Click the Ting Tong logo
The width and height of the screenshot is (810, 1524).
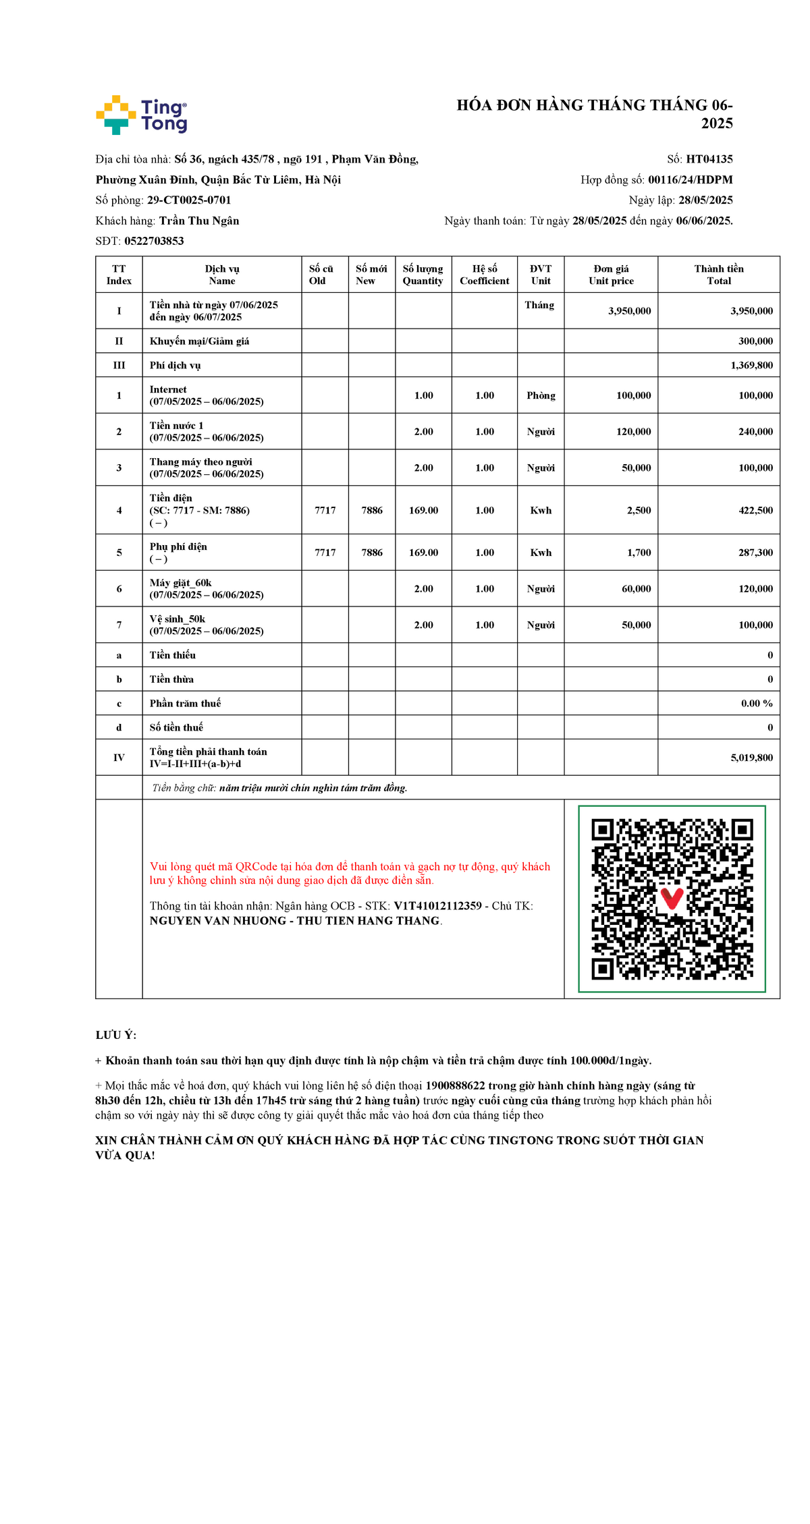click(x=141, y=115)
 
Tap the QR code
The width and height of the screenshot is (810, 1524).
click(x=672, y=899)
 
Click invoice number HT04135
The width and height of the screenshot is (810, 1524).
click(x=709, y=159)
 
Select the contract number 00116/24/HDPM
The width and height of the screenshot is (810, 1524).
click(x=690, y=179)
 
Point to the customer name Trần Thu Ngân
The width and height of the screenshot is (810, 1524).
click(x=199, y=221)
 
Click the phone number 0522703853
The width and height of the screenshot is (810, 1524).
click(x=154, y=241)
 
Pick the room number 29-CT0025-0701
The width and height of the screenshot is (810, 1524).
click(x=189, y=200)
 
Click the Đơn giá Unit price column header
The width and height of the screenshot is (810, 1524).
click(x=611, y=275)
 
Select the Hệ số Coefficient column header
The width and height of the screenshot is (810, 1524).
click(x=484, y=275)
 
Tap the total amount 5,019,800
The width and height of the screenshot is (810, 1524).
click(x=751, y=758)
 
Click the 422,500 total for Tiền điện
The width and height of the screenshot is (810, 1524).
click(x=755, y=511)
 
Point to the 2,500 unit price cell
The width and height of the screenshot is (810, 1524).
click(x=639, y=511)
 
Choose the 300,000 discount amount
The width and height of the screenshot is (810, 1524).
click(x=755, y=341)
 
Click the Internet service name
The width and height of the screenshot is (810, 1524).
click(x=168, y=389)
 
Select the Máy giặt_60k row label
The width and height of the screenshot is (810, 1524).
click(x=180, y=583)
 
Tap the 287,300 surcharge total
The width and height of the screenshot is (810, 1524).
click(x=755, y=553)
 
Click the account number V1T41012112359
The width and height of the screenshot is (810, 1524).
click(x=437, y=906)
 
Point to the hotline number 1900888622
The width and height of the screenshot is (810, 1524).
click(x=455, y=1085)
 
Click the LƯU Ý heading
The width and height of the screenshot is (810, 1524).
click(x=115, y=1035)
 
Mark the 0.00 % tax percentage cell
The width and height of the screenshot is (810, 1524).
click(x=757, y=703)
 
